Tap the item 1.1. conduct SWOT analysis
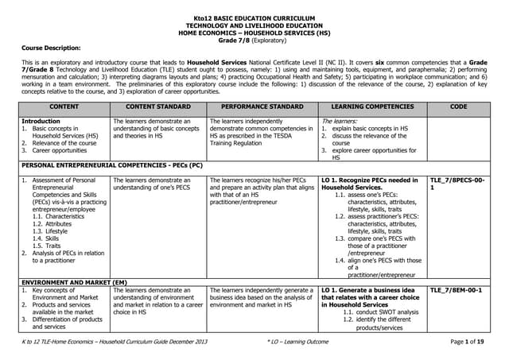coord(380,312)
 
